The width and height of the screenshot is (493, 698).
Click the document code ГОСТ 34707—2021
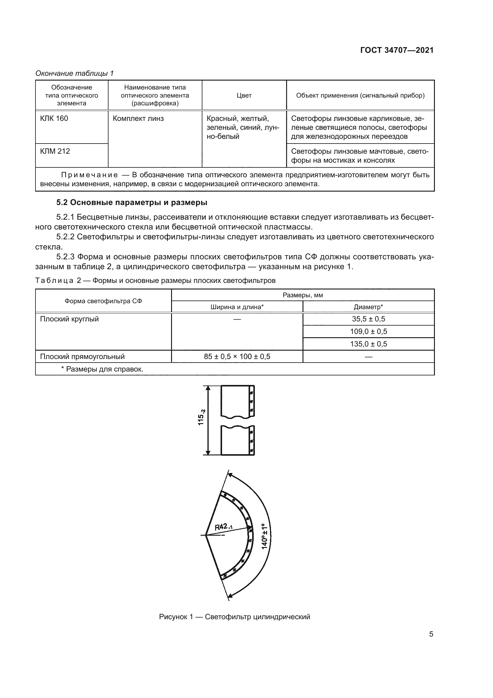coord(397,50)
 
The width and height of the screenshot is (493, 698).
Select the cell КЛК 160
coord(54,118)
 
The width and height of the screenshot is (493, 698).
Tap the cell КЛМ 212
coord(55,151)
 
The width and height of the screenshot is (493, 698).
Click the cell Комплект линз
coord(138,118)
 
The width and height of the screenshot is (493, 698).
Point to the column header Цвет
coord(244,95)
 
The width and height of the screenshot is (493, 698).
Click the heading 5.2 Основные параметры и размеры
coord(132,202)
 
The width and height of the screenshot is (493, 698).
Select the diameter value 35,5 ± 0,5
coord(368,319)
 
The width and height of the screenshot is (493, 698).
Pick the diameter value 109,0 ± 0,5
coord(368,331)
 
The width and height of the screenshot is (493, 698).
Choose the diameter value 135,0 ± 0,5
coord(368,344)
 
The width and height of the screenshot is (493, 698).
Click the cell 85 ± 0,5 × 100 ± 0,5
coord(237,356)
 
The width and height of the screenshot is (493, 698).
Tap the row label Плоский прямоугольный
coord(82,356)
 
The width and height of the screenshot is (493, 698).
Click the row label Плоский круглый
coord(69,319)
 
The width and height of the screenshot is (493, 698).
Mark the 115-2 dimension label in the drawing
coord(201,417)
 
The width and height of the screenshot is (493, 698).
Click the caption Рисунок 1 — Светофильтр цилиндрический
coord(234,617)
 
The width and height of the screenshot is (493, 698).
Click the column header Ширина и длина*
coord(237,307)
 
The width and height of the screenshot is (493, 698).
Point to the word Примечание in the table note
coord(89,175)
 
